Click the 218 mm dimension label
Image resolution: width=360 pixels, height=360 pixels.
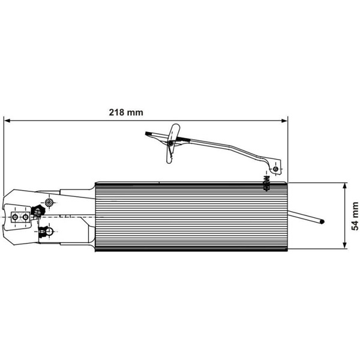126,113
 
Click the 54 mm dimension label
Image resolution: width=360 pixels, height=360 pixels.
355,216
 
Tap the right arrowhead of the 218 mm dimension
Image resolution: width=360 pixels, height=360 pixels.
284,121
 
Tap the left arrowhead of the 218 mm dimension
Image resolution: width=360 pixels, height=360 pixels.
7,121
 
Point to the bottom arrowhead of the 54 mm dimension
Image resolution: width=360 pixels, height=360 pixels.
344,245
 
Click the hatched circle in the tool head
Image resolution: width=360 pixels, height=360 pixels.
49,203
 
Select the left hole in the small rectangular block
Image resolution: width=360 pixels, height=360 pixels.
16,217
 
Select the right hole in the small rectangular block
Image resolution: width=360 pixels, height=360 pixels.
26,217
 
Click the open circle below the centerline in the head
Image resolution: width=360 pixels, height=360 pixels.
49,232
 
